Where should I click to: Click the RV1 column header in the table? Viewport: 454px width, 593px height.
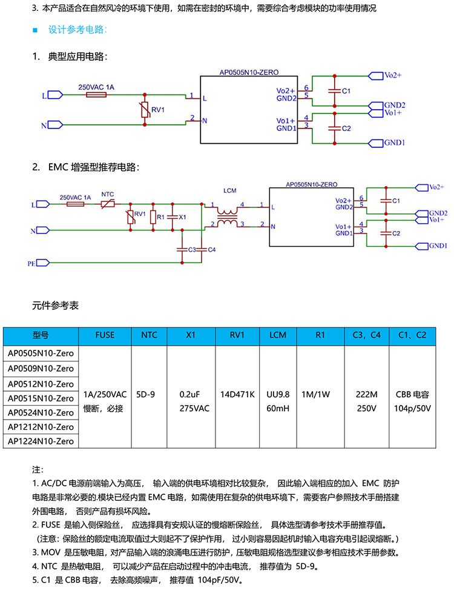coord(237,335)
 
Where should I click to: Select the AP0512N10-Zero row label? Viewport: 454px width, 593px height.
coord(41,384)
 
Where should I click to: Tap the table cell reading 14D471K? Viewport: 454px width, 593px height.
coord(237,395)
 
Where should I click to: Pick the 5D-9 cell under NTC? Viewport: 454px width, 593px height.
coord(145,395)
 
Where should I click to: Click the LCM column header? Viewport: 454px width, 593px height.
coord(278,335)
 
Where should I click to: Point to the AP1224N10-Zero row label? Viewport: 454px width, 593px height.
coord(41,441)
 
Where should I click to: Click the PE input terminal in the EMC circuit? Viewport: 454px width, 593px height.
coord(42,263)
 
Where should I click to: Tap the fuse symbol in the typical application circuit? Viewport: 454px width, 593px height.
coord(96,95)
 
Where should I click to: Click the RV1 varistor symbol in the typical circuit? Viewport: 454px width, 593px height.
coord(144,110)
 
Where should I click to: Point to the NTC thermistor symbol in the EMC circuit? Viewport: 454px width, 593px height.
coord(108,204)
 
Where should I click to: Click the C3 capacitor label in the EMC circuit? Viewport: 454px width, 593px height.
coord(192,250)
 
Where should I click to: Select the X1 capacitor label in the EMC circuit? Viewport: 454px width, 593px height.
coord(182,217)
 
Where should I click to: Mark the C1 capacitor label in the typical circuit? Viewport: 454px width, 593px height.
coord(346,91)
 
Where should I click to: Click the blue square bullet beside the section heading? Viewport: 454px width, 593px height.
coord(35,30)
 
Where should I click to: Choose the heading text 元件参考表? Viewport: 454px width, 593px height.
coord(56,306)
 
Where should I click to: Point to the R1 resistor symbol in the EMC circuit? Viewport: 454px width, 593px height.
coord(153,217)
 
